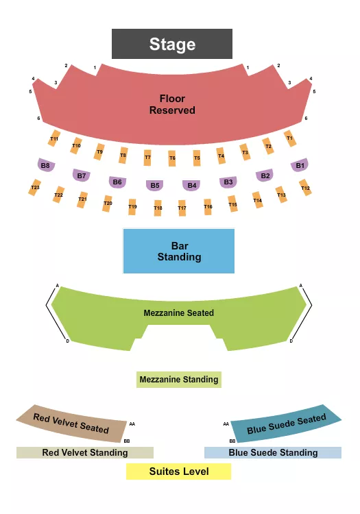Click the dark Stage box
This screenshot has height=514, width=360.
172,45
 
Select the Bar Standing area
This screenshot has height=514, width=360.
178,252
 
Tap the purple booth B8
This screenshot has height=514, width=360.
46,165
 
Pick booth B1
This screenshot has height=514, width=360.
300,165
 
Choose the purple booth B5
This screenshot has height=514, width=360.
155,185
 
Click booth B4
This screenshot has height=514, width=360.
192,185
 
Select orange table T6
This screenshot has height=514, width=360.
172,158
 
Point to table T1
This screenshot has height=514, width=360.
290,138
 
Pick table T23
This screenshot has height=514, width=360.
35,187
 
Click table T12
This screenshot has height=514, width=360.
306,188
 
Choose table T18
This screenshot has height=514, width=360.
158,208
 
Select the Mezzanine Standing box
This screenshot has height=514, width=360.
178,380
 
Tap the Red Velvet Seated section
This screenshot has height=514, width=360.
72,422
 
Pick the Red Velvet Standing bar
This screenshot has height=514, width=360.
85,453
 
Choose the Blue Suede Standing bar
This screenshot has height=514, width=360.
273,453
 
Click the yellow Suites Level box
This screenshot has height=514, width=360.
178,472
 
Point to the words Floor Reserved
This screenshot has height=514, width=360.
172,104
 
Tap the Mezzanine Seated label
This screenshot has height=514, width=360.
178,313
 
